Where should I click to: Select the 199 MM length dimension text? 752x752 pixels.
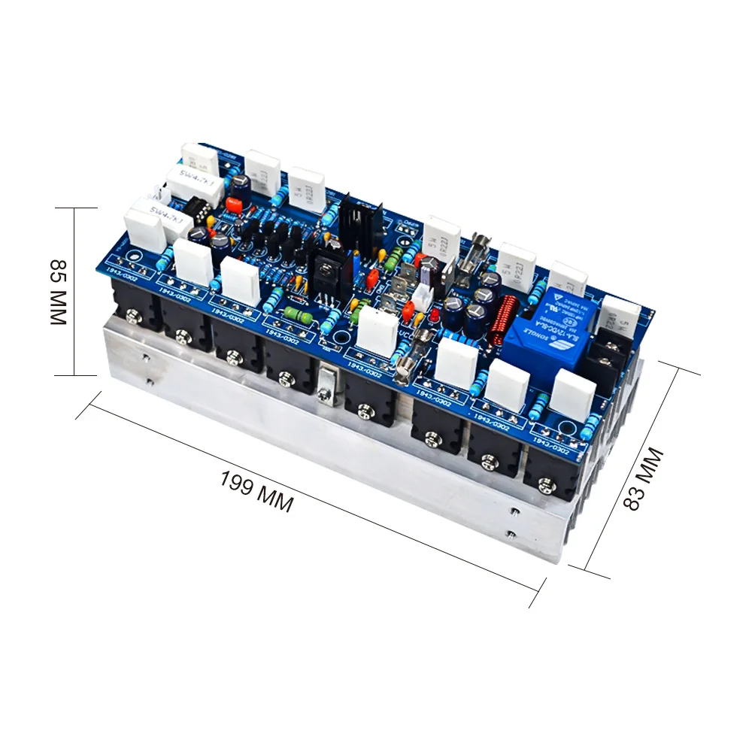[x=256, y=491]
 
